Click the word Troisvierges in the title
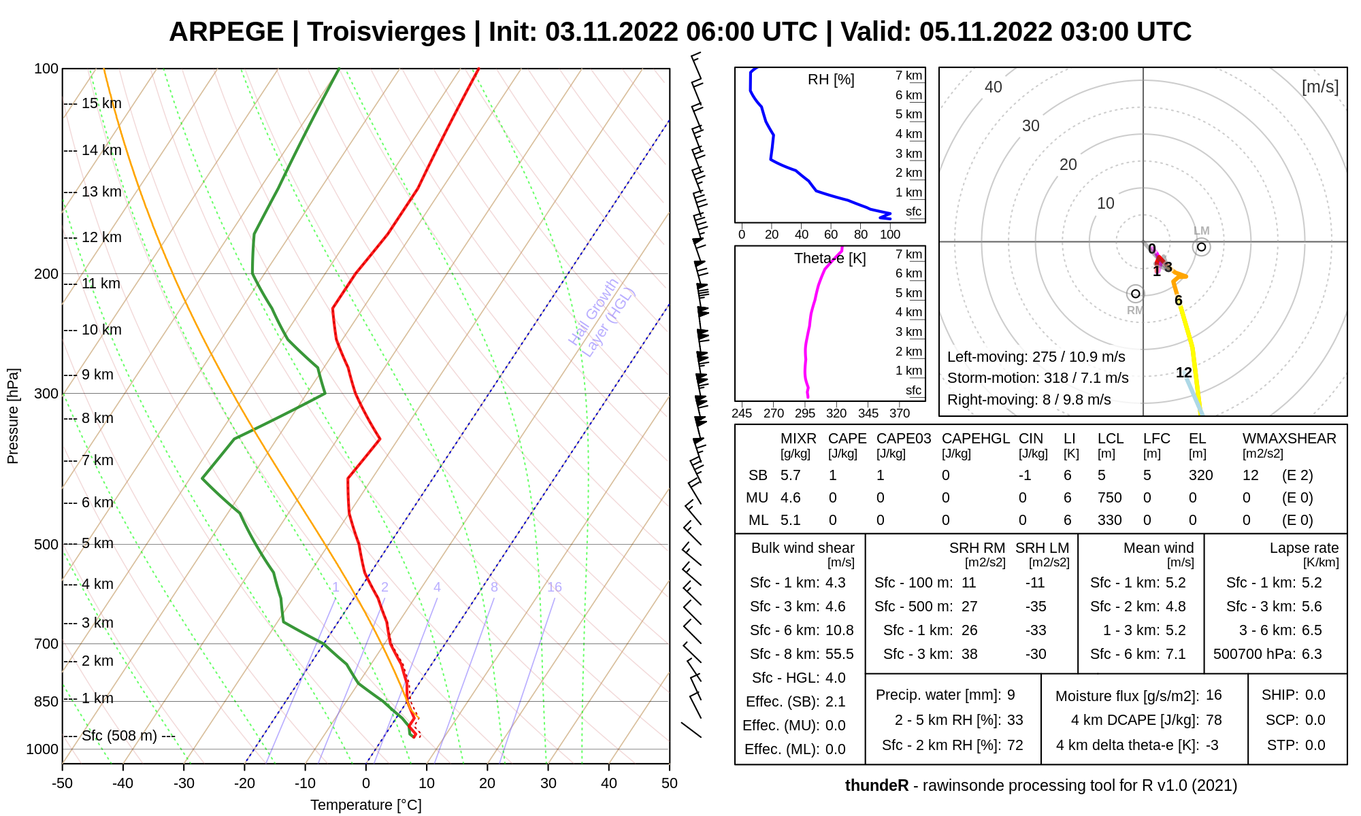[386, 32]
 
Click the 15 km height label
[101, 103]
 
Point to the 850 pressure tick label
[46, 701]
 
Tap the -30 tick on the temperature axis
[184, 783]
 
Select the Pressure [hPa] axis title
[13, 416]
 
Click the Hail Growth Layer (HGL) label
[602, 317]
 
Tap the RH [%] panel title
[830, 80]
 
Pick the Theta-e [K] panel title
[830, 258]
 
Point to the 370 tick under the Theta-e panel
[899, 413]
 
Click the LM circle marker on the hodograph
[1201, 247]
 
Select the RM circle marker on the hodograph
[1134, 294]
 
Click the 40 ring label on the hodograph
[993, 87]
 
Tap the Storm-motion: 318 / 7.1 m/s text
[1037, 378]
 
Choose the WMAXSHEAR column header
[1289, 439]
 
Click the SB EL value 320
[1200, 475]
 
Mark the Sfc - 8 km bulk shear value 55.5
[839, 654]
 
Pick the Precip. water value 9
[1011, 695]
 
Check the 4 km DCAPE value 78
[1213, 720]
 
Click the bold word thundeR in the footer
[876, 785]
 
